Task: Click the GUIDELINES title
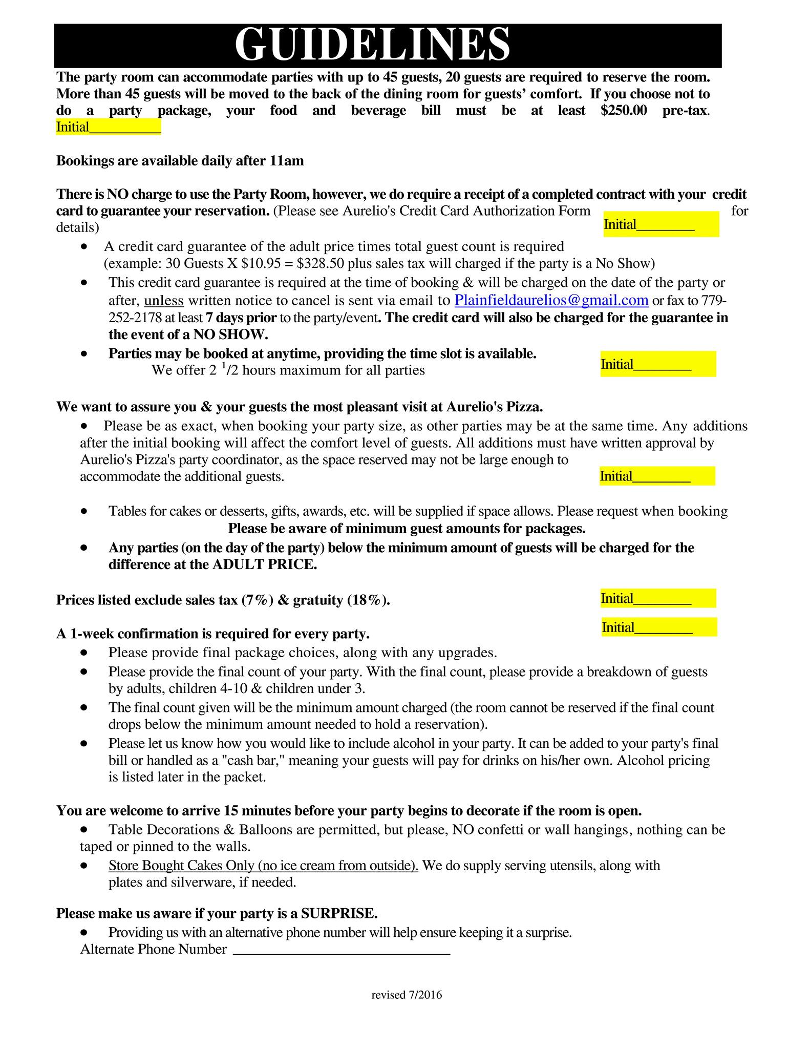pyautogui.click(x=372, y=45)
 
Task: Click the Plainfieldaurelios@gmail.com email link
pyautogui.click(x=551, y=300)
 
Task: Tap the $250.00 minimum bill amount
pyautogui.click(x=624, y=111)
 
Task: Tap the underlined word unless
pyautogui.click(x=164, y=300)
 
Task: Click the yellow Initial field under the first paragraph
pyautogui.click(x=109, y=127)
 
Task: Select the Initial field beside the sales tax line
pyautogui.click(x=658, y=598)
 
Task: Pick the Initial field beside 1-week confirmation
pyautogui.click(x=659, y=627)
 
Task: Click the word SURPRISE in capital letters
pyautogui.click(x=339, y=913)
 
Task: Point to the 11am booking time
pyautogui.click(x=286, y=161)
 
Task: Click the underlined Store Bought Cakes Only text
pyautogui.click(x=263, y=866)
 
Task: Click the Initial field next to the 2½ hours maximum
pyautogui.click(x=658, y=364)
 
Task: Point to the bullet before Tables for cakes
pyautogui.click(x=84, y=511)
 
